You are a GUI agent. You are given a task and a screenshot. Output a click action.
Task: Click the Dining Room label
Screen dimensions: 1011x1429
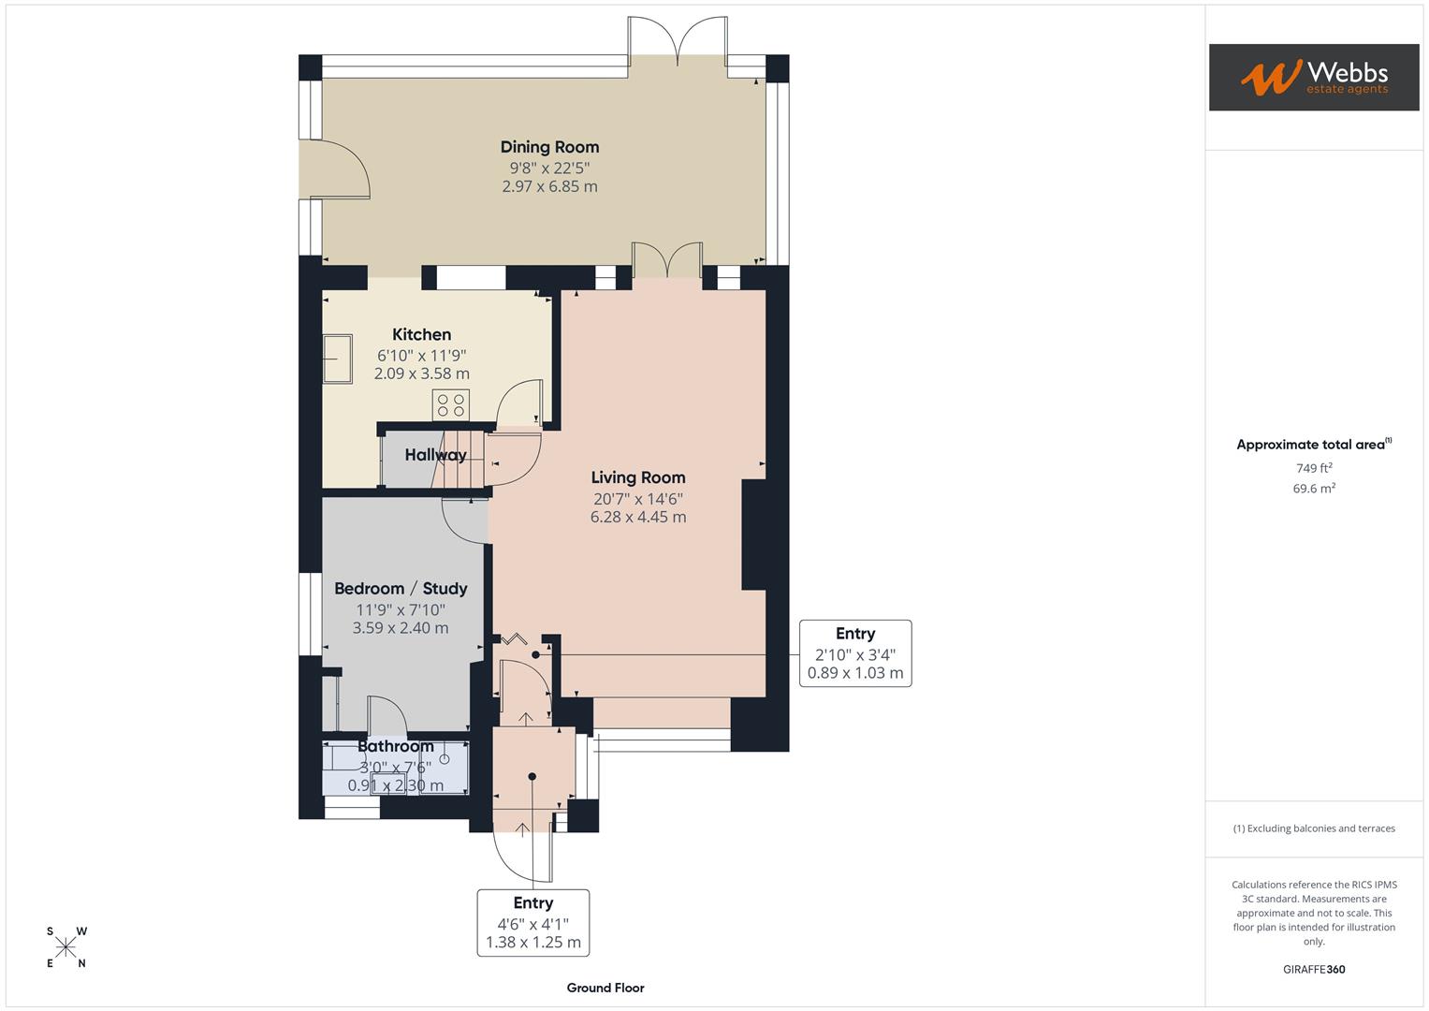pyautogui.click(x=549, y=147)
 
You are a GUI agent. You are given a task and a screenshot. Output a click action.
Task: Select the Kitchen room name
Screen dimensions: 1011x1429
pyautogui.click(x=421, y=334)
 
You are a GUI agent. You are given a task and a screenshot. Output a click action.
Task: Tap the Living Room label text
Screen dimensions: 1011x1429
pyautogui.click(x=638, y=477)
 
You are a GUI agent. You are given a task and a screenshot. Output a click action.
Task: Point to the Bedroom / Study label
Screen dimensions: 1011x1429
pyautogui.click(x=401, y=589)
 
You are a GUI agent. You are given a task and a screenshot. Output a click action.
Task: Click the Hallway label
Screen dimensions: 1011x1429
pyautogui.click(x=435, y=455)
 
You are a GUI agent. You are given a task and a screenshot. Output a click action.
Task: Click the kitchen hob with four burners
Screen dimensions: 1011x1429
pyautogui.click(x=451, y=405)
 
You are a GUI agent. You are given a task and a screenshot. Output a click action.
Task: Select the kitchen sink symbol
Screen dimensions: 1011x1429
pyautogui.click(x=338, y=359)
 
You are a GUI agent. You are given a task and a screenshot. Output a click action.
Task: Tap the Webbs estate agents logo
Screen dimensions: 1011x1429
pyautogui.click(x=1314, y=78)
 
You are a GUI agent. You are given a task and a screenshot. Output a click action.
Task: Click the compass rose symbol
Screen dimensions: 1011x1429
pyautogui.click(x=66, y=947)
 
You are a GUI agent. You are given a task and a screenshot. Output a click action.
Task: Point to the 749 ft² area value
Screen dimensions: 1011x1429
pyautogui.click(x=1314, y=468)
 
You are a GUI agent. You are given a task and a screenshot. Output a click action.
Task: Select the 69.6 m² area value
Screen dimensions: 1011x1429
pyautogui.click(x=1314, y=489)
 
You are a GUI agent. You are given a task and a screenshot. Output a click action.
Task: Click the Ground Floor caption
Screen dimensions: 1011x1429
pyautogui.click(x=605, y=988)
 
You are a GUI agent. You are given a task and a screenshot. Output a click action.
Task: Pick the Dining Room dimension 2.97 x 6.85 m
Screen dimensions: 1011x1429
pyautogui.click(x=549, y=186)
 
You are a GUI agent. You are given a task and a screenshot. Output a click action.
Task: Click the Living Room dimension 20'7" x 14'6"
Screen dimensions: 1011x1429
pyautogui.click(x=638, y=499)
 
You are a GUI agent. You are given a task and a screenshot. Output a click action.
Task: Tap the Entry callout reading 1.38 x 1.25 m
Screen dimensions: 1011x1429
pyautogui.click(x=533, y=943)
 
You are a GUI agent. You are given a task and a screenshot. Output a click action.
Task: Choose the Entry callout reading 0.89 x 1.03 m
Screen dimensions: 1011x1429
pyautogui.click(x=855, y=673)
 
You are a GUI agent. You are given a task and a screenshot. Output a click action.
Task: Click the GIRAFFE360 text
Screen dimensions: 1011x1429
pyautogui.click(x=1314, y=970)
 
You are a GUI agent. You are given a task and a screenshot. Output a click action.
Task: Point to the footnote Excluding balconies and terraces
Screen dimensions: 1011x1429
pyautogui.click(x=1314, y=828)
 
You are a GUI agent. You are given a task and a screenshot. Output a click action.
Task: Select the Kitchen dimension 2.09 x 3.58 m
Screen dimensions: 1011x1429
pyautogui.click(x=421, y=374)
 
